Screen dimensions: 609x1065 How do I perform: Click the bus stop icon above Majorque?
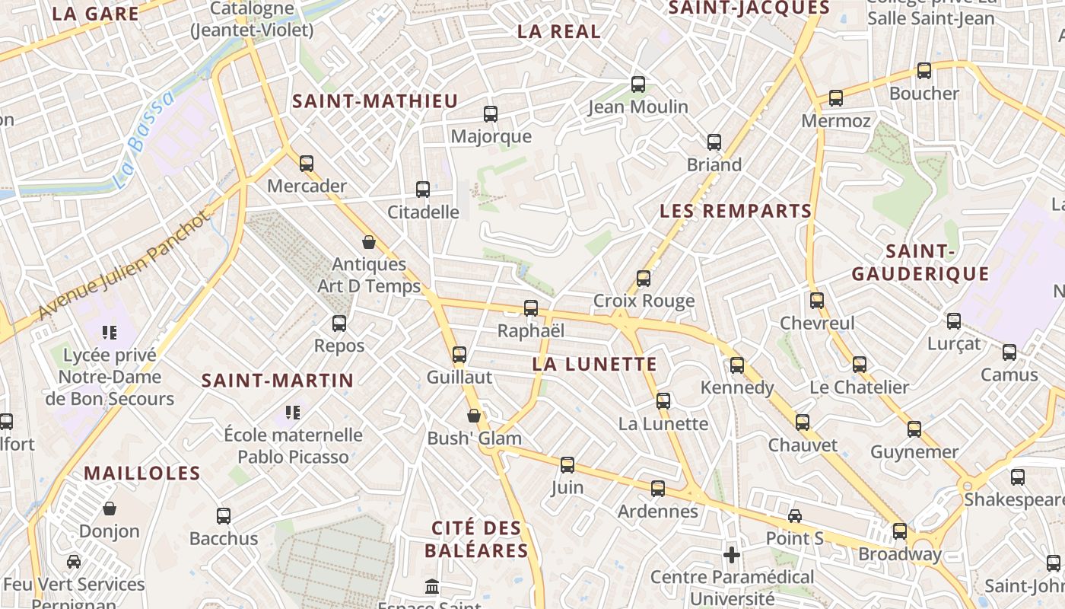tap(491, 114)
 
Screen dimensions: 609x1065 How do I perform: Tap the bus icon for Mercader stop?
tap(307, 163)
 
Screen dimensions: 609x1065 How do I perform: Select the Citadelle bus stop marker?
tap(423, 190)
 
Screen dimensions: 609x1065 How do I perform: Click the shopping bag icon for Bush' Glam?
tap(474, 416)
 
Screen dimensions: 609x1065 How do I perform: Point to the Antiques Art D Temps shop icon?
tap(369, 242)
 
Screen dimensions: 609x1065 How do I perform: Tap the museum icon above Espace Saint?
tap(432, 586)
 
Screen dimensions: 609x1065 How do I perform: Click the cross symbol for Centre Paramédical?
tap(732, 555)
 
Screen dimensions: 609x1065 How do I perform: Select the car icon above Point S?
tap(795, 516)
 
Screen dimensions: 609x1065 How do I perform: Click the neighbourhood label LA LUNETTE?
tap(594, 364)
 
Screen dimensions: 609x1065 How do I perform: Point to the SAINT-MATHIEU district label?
tap(375, 101)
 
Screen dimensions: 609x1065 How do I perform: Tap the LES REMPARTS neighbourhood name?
tap(736, 211)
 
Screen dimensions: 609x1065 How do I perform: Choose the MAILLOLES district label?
tap(142, 473)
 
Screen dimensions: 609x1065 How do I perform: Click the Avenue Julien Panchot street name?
tap(122, 265)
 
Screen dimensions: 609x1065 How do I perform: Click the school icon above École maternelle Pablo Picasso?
tap(293, 413)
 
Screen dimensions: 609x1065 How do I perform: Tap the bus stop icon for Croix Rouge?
tap(644, 279)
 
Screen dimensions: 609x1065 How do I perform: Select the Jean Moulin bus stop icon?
tap(638, 84)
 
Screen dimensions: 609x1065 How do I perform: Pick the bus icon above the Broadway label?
tap(900, 531)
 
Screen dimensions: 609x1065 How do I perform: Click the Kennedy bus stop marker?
tap(737, 365)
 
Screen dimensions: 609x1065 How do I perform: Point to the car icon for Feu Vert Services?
tap(74, 562)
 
